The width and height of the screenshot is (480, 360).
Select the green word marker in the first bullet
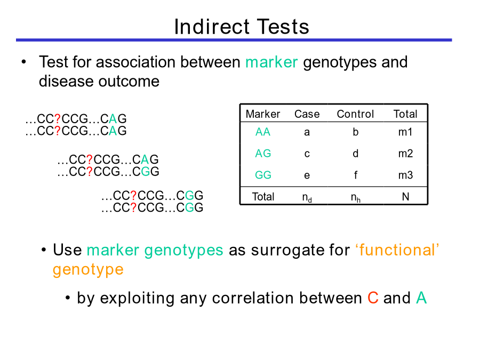[271, 62]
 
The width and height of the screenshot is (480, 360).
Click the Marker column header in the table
[262, 114]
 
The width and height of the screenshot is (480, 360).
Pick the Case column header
[307, 114]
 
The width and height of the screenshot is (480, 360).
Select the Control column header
[355, 114]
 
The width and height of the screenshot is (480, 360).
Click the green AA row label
[262, 132]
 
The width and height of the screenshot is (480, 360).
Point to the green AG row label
[263, 154]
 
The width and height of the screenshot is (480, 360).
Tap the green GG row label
[263, 175]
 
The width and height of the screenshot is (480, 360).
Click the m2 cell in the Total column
[406, 154]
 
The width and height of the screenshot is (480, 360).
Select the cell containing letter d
[355, 154]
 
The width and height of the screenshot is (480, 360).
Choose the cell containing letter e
[307, 175]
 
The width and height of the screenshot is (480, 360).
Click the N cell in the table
[406, 196]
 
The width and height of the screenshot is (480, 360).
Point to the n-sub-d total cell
[307, 198]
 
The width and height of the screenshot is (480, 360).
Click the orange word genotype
[88, 270]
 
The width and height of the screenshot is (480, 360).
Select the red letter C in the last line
[373, 298]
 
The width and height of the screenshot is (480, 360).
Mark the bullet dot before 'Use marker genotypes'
[44, 250]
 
